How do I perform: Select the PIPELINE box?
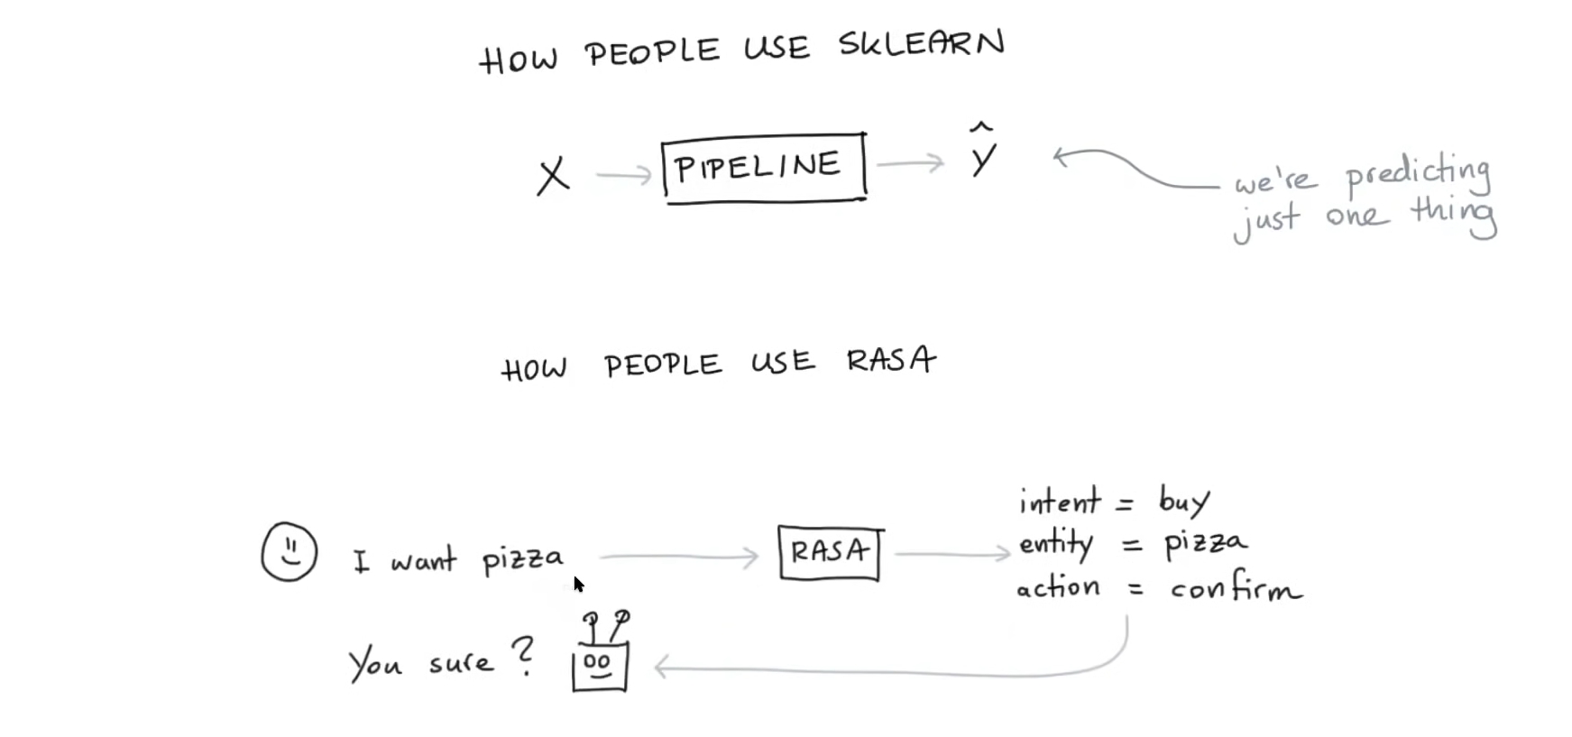(763, 167)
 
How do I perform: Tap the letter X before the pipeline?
(553, 175)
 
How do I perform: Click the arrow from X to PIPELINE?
(623, 175)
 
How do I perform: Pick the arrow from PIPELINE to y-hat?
(909, 163)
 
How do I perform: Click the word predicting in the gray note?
(1417, 174)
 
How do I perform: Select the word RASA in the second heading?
(890, 361)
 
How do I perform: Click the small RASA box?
(830, 552)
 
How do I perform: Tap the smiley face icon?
(290, 551)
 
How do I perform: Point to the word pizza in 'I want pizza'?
(522, 560)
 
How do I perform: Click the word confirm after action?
(1235, 589)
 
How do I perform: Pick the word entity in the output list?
(1055, 544)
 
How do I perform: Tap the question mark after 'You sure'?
(522, 655)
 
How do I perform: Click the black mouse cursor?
(578, 584)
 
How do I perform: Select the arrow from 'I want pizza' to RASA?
(678, 557)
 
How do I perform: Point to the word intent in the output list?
(1059, 501)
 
